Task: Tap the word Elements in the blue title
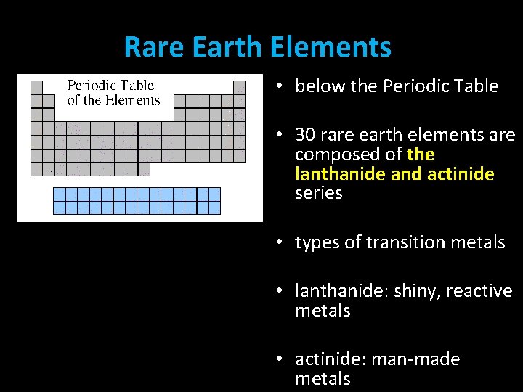tap(331, 48)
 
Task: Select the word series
tap(318, 194)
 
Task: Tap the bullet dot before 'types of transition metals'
tap(280, 242)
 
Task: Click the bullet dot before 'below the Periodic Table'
tap(280, 86)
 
